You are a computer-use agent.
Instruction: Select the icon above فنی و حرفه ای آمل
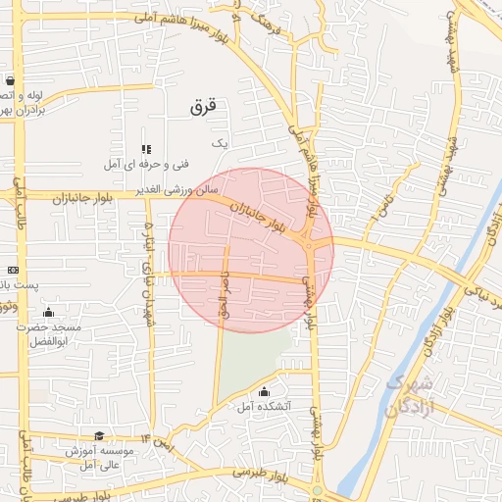[x=146, y=149]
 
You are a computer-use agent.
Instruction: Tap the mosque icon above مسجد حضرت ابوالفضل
[x=48, y=312]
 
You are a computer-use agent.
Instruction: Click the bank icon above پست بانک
[x=13, y=270]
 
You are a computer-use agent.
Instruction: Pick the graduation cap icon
[x=98, y=436]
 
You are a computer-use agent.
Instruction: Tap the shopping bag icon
[x=10, y=81]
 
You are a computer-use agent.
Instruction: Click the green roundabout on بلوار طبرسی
[x=318, y=491]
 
